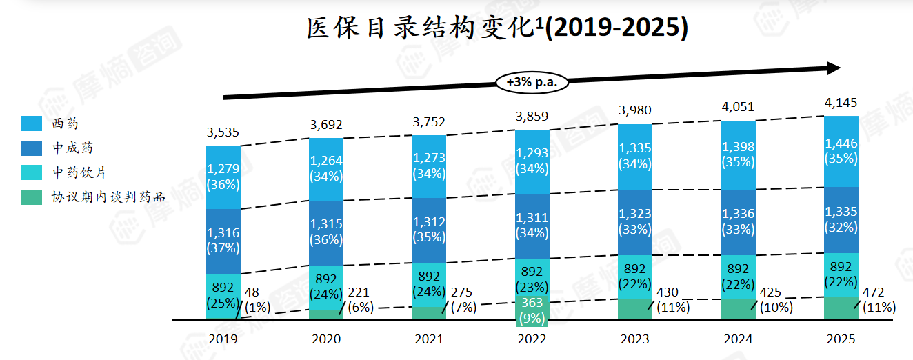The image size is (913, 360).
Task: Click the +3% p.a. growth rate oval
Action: [x=532, y=83]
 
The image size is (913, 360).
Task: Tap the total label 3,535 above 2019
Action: [x=223, y=132]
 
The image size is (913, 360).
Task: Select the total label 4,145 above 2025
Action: [x=841, y=102]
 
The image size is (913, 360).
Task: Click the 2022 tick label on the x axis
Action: [x=532, y=339]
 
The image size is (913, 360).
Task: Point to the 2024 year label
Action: [x=738, y=339]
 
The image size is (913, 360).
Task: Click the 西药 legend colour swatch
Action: [x=32, y=123]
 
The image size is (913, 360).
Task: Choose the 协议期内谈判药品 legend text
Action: [x=108, y=197]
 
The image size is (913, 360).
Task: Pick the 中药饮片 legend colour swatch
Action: [x=32, y=172]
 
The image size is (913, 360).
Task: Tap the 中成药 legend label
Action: [x=72, y=148]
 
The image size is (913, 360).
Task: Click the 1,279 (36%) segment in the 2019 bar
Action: [x=223, y=177]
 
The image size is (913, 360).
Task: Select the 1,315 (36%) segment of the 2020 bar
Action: [x=326, y=233]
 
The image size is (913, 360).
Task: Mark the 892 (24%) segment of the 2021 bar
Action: [x=429, y=285]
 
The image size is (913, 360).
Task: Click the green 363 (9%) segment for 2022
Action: [x=532, y=312]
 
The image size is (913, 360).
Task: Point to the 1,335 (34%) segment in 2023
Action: [x=635, y=157]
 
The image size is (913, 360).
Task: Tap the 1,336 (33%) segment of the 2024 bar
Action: [x=738, y=222]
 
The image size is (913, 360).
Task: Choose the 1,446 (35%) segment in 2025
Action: [x=841, y=151]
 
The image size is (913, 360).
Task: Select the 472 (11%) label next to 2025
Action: [x=879, y=300]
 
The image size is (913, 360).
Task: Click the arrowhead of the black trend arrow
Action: [x=833, y=68]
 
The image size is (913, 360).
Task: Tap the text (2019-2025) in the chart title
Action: [x=617, y=28]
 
